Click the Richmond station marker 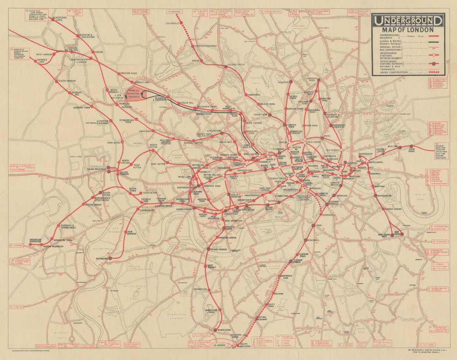109,259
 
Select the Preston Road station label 128,73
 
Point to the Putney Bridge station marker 208,249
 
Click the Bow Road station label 409,150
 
